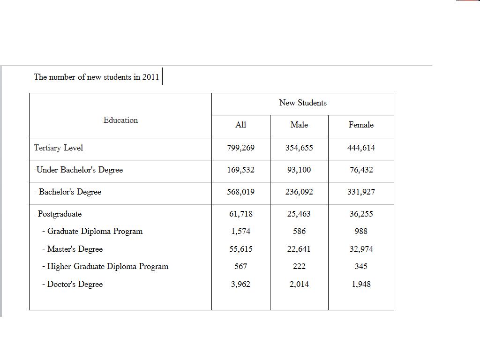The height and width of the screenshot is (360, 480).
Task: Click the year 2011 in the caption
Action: click(x=150, y=77)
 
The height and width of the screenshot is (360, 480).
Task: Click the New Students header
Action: click(x=303, y=103)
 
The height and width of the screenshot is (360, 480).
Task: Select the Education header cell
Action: click(x=120, y=120)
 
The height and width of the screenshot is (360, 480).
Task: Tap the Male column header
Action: click(x=299, y=125)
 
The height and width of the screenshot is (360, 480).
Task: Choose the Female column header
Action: click(x=361, y=125)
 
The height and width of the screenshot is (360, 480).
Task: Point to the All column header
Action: click(x=240, y=125)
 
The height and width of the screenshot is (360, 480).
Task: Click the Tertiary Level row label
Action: click(x=59, y=148)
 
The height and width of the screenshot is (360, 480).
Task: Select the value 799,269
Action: click(x=240, y=148)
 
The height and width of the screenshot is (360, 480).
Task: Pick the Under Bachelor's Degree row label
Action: click(x=79, y=170)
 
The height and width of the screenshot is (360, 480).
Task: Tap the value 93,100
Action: click(x=299, y=170)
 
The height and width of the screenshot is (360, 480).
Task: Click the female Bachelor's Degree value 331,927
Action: click(x=361, y=192)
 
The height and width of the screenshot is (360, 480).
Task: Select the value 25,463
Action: click(x=299, y=214)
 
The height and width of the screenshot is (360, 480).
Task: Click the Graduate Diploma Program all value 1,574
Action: click(x=240, y=231)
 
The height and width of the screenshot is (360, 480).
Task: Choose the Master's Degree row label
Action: click(x=75, y=249)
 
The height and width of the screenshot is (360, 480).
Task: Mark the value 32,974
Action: click(x=361, y=249)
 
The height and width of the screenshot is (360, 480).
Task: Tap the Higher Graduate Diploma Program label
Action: click(x=107, y=266)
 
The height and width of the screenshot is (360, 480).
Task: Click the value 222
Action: click(x=299, y=266)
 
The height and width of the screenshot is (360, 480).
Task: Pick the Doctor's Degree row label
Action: click(x=75, y=284)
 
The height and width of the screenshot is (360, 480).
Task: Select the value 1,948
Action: click(x=361, y=284)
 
